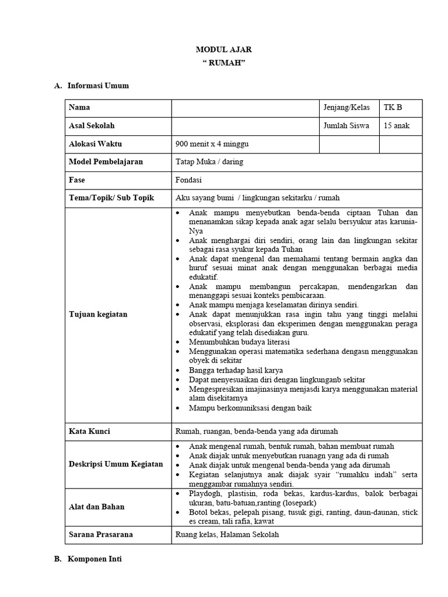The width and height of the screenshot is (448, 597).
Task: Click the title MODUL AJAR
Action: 223,50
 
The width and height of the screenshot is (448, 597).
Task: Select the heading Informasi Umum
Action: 98,86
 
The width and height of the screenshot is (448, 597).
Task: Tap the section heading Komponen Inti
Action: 95,559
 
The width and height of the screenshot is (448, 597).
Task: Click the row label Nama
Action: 79,108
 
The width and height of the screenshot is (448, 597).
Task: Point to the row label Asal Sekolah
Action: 92,126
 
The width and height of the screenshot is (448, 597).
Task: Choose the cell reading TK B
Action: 393,108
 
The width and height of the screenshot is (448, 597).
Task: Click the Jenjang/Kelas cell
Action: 346,108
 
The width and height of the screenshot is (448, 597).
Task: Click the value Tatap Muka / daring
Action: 209,162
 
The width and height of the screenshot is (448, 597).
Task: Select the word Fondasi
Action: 188,180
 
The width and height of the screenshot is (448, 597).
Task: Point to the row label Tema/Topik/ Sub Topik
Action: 111,198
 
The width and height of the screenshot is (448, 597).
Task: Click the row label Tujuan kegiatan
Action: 97,314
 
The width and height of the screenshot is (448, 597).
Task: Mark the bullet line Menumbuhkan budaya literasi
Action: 239,342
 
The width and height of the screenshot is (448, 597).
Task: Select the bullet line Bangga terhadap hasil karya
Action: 236,370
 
